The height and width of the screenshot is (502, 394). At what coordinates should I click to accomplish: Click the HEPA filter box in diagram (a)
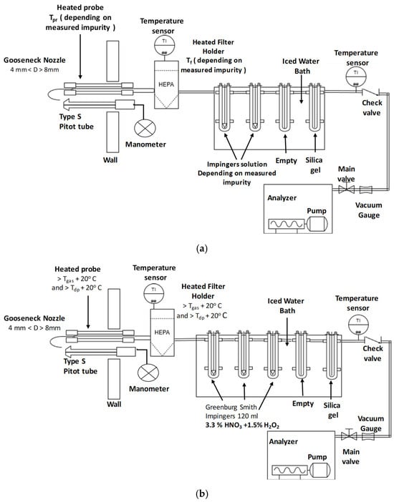166,84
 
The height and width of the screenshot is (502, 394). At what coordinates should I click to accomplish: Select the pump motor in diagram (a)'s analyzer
317,223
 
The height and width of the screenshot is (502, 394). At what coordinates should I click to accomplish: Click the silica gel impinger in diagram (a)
314,107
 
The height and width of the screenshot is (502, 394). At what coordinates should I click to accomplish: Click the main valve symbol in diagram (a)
347,190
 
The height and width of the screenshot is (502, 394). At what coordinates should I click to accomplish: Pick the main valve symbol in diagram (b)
348,435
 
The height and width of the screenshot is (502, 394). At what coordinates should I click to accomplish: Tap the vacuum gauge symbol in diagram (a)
366,190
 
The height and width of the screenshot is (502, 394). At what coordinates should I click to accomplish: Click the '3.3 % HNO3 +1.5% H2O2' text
242,425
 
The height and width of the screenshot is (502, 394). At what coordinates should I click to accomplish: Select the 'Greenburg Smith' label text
231,407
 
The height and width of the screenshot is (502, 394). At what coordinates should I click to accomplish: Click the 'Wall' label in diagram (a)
110,159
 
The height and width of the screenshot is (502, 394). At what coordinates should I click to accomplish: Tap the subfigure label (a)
201,249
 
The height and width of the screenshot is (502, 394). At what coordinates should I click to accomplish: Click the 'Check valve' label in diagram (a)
372,107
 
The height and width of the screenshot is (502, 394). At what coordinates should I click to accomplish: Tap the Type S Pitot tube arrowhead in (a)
68,104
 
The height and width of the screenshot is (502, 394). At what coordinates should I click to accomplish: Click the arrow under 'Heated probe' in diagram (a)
80,56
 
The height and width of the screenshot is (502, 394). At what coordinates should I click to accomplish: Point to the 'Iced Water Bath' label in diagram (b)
287,306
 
